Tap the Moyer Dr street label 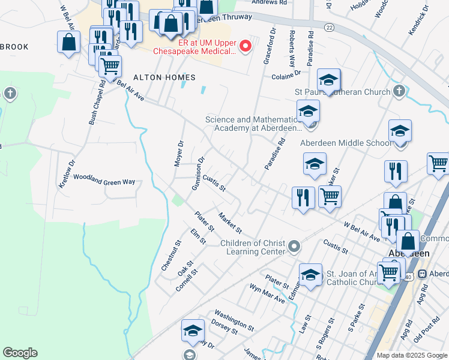(x=179, y=154)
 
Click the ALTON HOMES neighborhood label (x=164, y=77)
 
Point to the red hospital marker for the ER (x=245, y=46)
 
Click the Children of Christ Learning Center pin (x=294, y=247)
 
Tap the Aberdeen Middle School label (x=345, y=143)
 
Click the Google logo (x=20, y=353)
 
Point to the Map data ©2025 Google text (x=412, y=355)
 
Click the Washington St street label (x=234, y=322)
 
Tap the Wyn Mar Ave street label (x=267, y=293)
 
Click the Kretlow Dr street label (x=67, y=173)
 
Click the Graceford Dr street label (x=269, y=46)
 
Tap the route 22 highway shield (x=329, y=28)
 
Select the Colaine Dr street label (x=285, y=76)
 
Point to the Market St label (x=230, y=223)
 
